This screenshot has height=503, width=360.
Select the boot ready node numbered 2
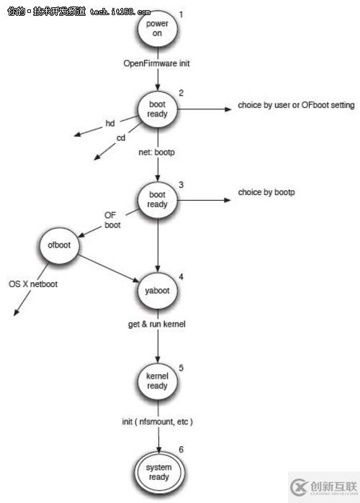158,109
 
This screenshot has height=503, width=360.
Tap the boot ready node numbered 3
158,199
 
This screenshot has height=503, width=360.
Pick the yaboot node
158,291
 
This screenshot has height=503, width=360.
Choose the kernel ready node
158,381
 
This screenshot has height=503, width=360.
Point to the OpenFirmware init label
158,64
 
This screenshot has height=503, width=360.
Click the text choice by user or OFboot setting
296,106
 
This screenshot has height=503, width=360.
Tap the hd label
110,123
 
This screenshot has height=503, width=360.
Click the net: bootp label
158,153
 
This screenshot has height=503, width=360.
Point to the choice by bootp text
267,193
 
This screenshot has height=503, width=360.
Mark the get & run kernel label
158,325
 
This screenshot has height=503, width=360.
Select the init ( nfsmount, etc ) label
158,420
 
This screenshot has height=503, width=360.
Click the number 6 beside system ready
181,450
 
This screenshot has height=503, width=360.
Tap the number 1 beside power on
181,14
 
